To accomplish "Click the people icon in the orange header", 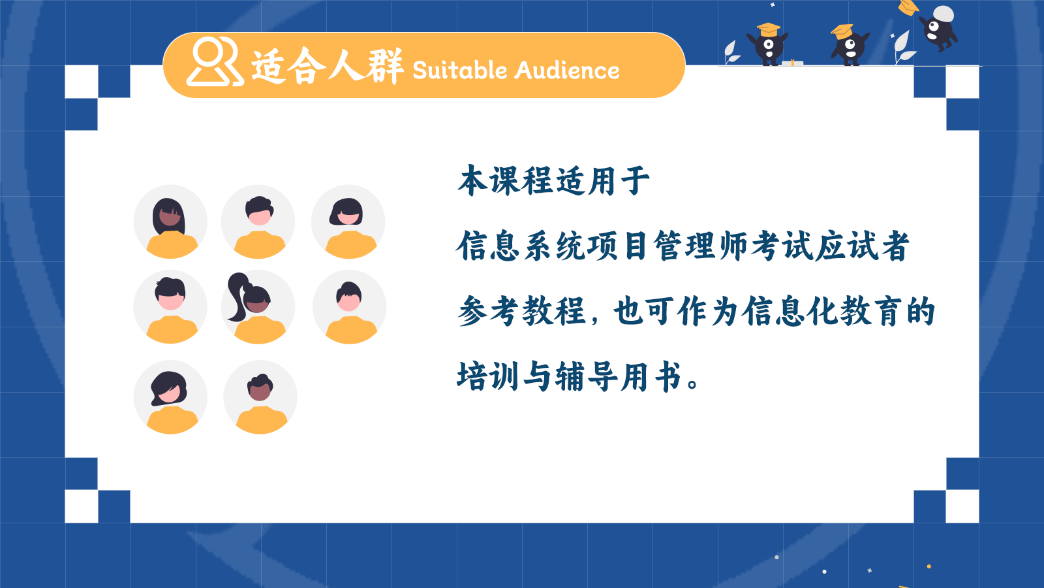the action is pyautogui.click(x=215, y=61).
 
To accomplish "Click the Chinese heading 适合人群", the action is pyautogui.click(x=327, y=66).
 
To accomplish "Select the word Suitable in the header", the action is pyautogui.click(x=459, y=71).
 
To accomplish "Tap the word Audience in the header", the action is pyautogui.click(x=567, y=71).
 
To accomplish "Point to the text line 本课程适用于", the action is pyautogui.click(x=553, y=180).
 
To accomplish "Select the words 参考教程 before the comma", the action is pyautogui.click(x=521, y=311).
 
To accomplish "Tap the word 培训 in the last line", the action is pyautogui.click(x=488, y=376).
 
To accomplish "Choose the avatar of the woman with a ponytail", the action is pyautogui.click(x=258, y=307).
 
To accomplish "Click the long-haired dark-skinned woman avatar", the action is pyautogui.click(x=170, y=221).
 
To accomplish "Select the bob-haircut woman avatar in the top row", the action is pyautogui.click(x=348, y=221).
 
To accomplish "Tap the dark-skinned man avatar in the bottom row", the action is pyautogui.click(x=260, y=397).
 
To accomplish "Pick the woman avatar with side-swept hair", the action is pyautogui.click(x=170, y=397).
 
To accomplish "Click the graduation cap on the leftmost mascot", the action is pyautogui.click(x=768, y=29).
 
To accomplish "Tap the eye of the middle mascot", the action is pyautogui.click(x=850, y=45).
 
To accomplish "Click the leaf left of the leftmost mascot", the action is pyautogui.click(x=731, y=52).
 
